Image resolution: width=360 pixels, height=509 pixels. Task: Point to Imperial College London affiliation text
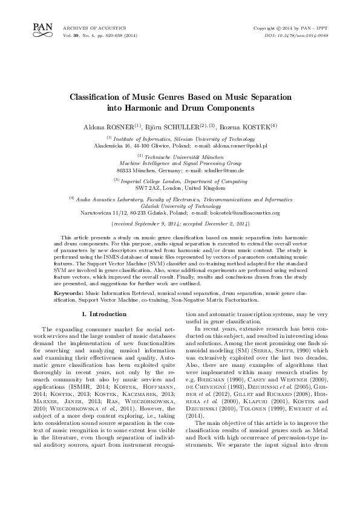click(180, 180)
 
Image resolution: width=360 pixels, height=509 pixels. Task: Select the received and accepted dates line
click(180, 223)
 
